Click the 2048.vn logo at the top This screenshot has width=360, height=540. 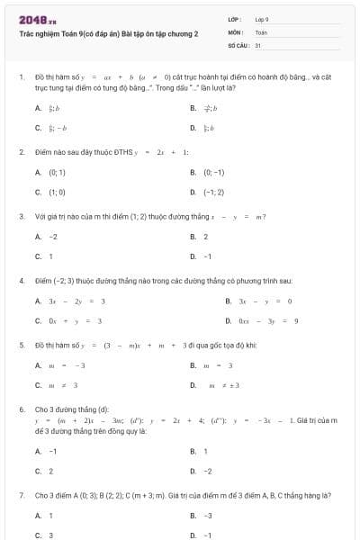pyautogui.click(x=38, y=19)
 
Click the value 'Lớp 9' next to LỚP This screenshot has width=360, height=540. pyautogui.click(x=262, y=18)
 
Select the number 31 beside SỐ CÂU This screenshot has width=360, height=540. pyautogui.click(x=257, y=43)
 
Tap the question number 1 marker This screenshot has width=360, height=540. pyautogui.click(x=21, y=78)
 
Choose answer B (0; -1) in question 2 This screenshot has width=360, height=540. pyautogui.click(x=213, y=172)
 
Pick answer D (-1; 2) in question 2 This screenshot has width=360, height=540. pyautogui.click(x=213, y=192)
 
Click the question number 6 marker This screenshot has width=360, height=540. pyautogui.click(x=21, y=409)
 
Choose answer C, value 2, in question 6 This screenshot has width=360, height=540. pyautogui.click(x=50, y=471)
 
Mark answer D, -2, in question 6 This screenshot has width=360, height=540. pyautogui.click(x=207, y=471)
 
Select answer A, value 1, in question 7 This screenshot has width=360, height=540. pyautogui.click(x=50, y=516)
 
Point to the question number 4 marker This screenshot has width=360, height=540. pyautogui.click(x=21, y=281)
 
